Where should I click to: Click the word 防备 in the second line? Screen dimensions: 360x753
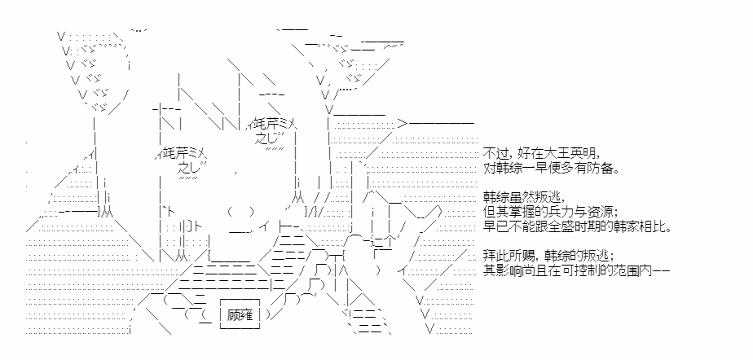605,169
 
